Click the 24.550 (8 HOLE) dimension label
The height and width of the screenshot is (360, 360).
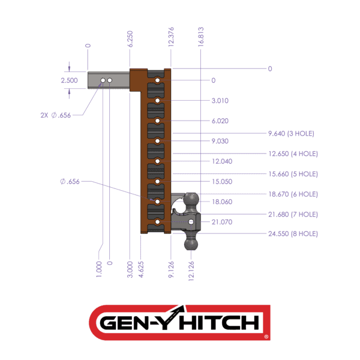[x=293, y=234]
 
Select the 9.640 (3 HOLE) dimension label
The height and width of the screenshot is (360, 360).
[x=291, y=133]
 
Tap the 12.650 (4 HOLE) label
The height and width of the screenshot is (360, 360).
[x=293, y=154]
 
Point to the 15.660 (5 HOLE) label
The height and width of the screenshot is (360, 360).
[x=293, y=174]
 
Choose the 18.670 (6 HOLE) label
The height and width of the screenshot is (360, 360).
[x=293, y=194]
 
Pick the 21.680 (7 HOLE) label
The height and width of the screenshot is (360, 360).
[x=293, y=214]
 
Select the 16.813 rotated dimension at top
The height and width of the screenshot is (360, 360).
[x=201, y=36]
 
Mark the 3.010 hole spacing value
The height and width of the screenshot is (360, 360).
[x=220, y=101]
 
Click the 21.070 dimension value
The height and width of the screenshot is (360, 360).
[x=221, y=222]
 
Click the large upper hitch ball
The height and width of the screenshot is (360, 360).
[x=191, y=200]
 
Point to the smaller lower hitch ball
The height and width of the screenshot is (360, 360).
[x=191, y=244]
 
